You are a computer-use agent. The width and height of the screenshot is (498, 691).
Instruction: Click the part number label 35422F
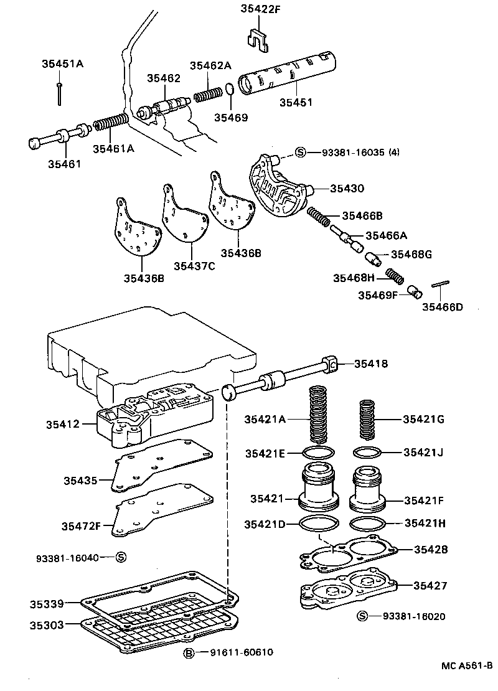[261, 9]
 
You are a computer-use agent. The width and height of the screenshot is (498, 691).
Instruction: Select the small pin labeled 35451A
[59, 92]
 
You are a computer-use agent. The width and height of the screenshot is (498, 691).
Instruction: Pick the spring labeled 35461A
[110, 124]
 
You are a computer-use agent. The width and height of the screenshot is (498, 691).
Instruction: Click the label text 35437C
[194, 266]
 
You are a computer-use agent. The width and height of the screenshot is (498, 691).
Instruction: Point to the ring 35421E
[318, 453]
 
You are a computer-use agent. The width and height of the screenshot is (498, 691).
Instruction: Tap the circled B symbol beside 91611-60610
[189, 652]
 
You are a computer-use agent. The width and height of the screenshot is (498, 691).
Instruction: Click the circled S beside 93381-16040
[121, 557]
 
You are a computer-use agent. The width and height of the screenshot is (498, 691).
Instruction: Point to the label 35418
[371, 364]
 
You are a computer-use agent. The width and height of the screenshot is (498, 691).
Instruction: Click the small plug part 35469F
[415, 291]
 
